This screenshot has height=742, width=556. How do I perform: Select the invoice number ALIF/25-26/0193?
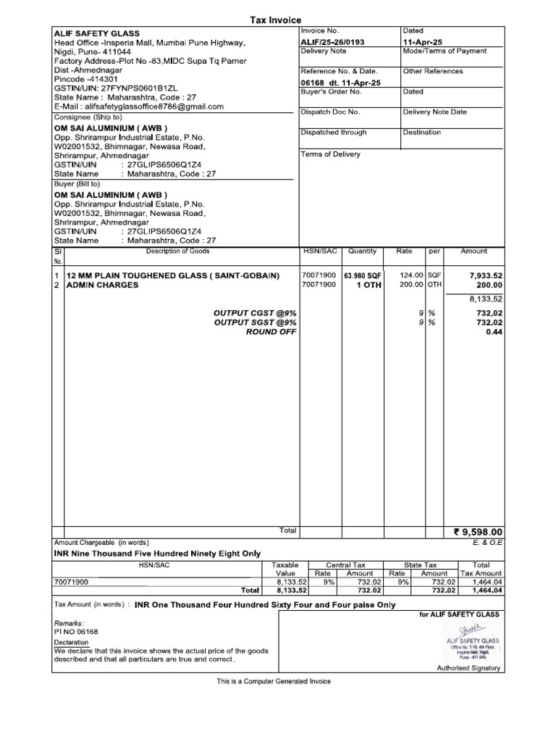click(332, 42)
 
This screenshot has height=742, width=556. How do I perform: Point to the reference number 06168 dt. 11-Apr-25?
click(340, 83)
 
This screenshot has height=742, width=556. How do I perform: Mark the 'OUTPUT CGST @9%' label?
click(255, 312)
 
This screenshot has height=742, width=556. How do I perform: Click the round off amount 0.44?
click(494, 332)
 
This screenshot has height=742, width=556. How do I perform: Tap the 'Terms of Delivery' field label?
click(330, 154)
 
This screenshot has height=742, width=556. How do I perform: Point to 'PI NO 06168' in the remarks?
click(76, 632)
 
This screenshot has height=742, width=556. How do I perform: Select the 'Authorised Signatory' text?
click(467, 667)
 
